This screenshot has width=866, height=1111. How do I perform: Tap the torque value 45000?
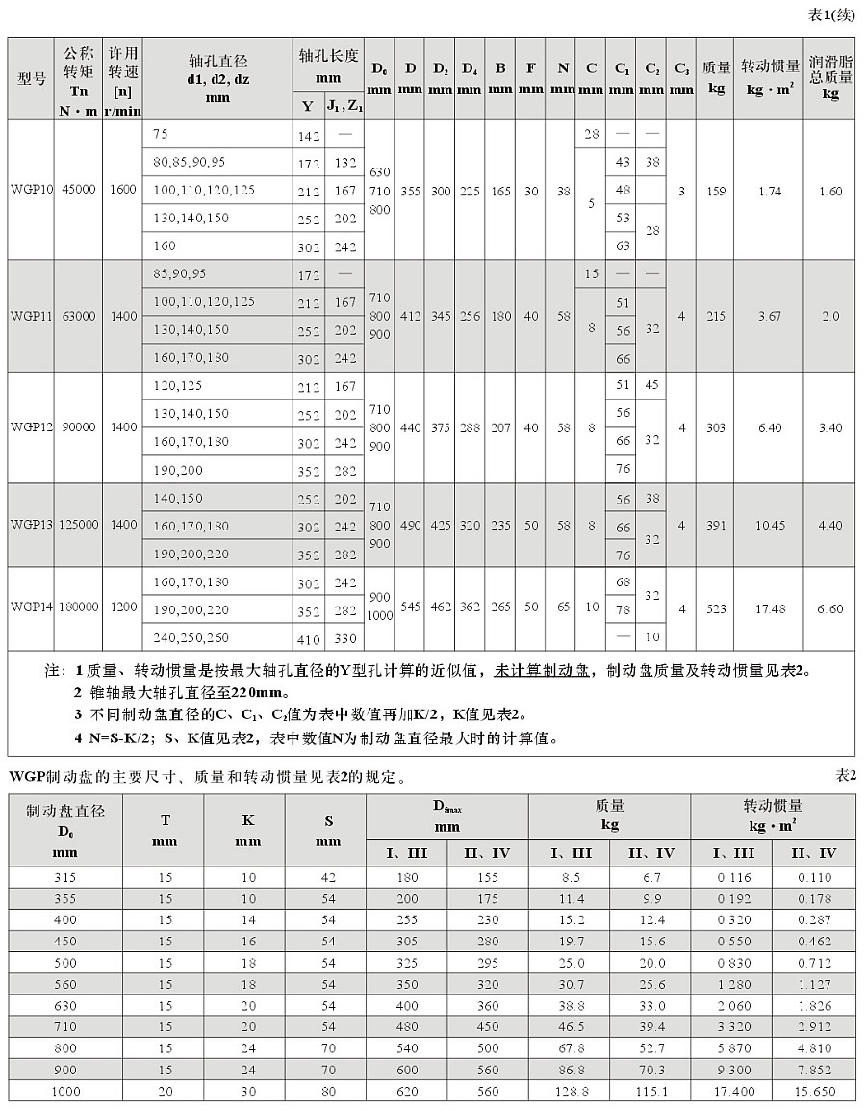coord(78,190)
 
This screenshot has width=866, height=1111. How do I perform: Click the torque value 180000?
coord(78,607)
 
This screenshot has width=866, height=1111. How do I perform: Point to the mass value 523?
coord(715,608)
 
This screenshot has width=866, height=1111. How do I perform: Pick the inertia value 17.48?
coord(769,608)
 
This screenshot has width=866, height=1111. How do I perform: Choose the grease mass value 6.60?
coord(829,608)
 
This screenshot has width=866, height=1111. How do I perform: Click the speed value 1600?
coord(123,190)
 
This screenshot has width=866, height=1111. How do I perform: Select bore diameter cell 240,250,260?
coord(191,636)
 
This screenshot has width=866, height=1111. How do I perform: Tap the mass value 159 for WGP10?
coord(715,191)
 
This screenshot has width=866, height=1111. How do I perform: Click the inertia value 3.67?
coord(769,316)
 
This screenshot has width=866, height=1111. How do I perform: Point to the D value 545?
coord(411,607)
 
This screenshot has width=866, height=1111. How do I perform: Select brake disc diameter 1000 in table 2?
coord(66,1091)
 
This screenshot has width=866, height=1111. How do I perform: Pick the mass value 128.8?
coord(569,1091)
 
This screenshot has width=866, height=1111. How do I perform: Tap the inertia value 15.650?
coord(814,1091)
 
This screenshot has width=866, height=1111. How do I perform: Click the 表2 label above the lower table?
coord(846,776)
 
